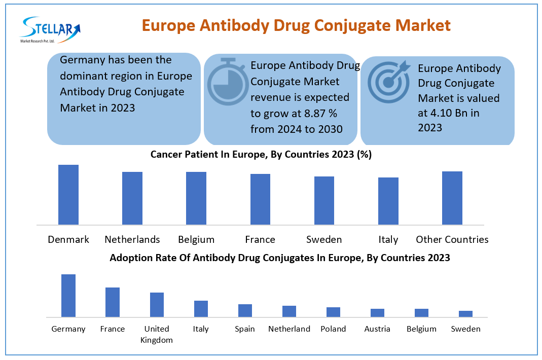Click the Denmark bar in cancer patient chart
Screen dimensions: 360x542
pos(68,195)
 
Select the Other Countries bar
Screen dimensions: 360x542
pos(452,198)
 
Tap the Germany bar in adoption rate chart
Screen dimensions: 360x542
pos(68,296)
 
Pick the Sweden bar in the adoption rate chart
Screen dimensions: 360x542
pos(465,314)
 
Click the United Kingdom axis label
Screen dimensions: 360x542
pos(157,334)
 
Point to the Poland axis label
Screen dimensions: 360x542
pos(333,329)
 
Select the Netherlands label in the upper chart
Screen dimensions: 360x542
pos(132,239)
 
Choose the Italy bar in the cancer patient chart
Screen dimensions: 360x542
pos(388,201)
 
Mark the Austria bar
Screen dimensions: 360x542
pos(377,313)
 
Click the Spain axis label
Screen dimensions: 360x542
pos(245,329)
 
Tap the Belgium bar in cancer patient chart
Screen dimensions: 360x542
pos(196,198)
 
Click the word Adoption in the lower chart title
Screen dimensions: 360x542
pos(132,258)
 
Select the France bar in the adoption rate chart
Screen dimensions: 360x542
pos(113,302)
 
